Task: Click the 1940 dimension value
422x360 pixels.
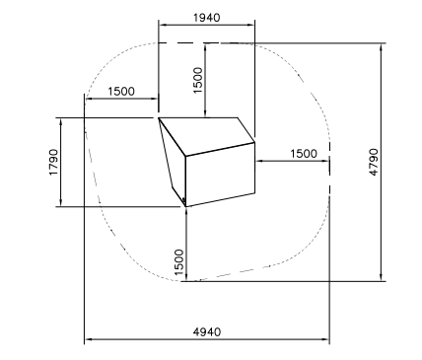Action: point(207,17)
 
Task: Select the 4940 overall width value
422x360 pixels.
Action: point(207,332)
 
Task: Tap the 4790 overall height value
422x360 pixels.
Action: point(374,163)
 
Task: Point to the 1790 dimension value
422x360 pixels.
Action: point(53,163)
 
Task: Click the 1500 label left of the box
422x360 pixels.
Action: point(121,91)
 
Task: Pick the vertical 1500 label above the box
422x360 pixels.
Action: point(198,80)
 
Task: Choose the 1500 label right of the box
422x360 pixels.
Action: point(304,154)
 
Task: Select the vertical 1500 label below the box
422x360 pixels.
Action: point(179,262)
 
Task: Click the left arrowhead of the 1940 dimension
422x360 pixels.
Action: point(162,25)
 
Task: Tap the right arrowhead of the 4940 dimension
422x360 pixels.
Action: point(326,339)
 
